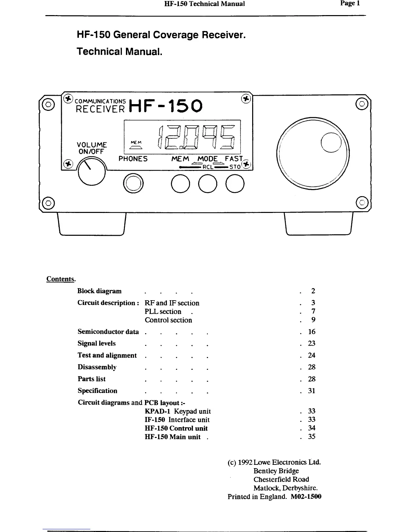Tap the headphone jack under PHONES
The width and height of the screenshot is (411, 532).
[133, 184]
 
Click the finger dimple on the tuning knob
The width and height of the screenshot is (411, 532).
[331, 142]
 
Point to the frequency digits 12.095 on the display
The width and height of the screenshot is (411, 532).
[197, 138]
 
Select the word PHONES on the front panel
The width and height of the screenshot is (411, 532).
[133, 159]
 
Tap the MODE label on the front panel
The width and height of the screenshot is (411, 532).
[208, 159]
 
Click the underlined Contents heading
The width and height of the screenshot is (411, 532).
[60, 279]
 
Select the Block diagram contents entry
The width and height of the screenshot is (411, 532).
[99, 291]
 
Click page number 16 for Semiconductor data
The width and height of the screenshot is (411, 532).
[312, 332]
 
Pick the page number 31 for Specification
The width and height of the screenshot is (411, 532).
[312, 391]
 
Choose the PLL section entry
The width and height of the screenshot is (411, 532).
[163, 312]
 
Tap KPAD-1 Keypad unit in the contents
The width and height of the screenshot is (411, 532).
[178, 411]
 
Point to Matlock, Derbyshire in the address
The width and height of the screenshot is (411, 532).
[285, 488]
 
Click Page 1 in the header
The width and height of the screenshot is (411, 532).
[350, 4]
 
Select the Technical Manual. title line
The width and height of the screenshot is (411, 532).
[120, 52]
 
